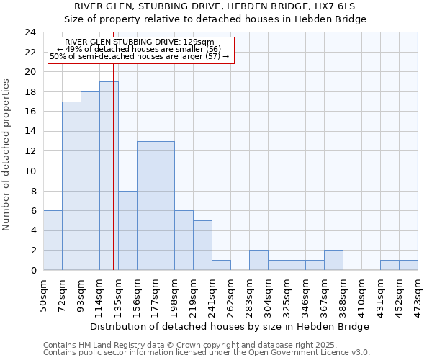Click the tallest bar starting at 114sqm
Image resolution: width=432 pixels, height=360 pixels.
point(109,176)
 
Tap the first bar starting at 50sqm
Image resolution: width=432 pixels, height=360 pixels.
point(53,240)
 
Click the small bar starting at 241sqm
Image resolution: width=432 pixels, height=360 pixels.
point(221,265)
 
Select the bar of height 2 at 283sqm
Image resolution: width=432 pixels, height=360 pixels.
point(258,260)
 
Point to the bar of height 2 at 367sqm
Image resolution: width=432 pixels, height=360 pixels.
point(333,260)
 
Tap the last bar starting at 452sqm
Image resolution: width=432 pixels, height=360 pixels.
point(408,265)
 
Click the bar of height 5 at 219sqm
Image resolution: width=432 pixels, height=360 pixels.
point(202,246)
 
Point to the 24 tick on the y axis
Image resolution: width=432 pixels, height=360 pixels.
point(30,32)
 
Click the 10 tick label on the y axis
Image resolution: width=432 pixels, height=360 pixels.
point(30,171)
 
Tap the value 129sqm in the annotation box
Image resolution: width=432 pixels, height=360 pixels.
point(200,42)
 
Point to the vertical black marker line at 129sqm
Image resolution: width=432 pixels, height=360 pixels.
point(113,180)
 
